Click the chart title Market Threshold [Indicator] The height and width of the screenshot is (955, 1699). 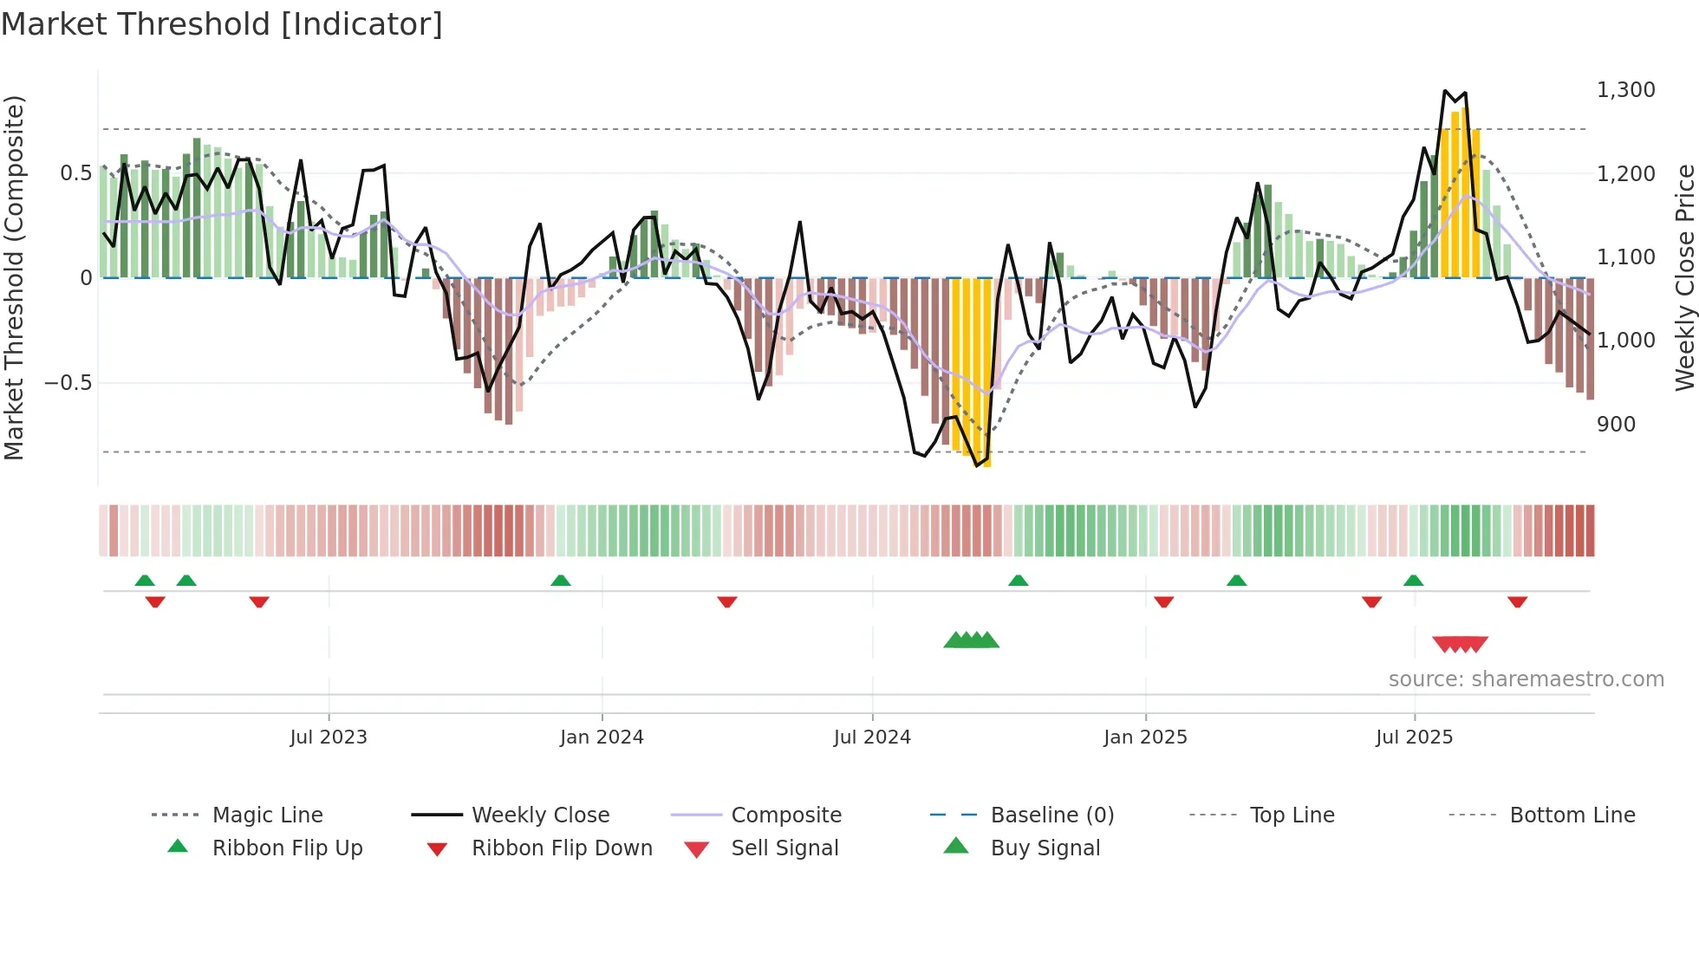coord(222,24)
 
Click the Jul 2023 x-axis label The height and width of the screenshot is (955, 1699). coord(329,737)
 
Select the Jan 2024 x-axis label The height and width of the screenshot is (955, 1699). coord(602,737)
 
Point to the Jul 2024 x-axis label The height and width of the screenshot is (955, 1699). coord(872,737)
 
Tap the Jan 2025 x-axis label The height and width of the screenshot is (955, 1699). coord(1145,737)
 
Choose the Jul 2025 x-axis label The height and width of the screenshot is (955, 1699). coord(1414,737)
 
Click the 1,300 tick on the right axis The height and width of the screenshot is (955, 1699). coord(1625,90)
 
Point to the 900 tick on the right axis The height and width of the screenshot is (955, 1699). coord(1616,425)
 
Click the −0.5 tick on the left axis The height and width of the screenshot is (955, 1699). coord(68,383)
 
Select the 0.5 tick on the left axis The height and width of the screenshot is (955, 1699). coord(75,173)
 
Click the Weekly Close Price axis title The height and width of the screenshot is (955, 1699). coord(1684,277)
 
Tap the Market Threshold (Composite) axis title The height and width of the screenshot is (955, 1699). coord(14,277)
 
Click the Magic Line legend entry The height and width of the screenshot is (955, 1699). coord(267,815)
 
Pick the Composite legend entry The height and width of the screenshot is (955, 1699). coord(785,815)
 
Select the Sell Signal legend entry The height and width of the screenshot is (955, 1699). coord(784,848)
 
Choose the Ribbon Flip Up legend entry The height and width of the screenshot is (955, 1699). coord(287,848)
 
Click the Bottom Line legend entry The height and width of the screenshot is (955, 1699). coord(1572,815)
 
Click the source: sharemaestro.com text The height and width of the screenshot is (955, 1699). coord(1526,679)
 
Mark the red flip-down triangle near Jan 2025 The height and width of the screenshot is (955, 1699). coord(1163,601)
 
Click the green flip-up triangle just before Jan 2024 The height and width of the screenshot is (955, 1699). coord(561,581)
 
